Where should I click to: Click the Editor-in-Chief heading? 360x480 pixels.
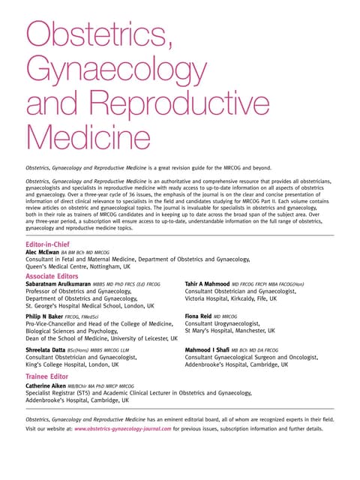49,244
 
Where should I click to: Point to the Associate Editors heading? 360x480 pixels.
57,276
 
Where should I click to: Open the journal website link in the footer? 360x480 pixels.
123,429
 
